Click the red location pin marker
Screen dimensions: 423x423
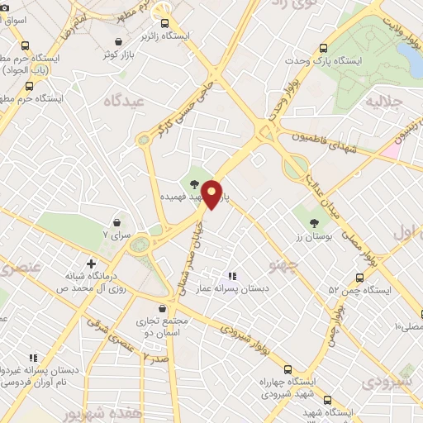pyautogui.click(x=211, y=194)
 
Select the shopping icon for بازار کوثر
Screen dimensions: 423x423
pyautogui.click(x=120, y=41)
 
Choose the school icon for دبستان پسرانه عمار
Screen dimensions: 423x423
pyautogui.click(x=232, y=275)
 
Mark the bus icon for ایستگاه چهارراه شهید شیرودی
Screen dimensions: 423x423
pyautogui.click(x=288, y=369)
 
